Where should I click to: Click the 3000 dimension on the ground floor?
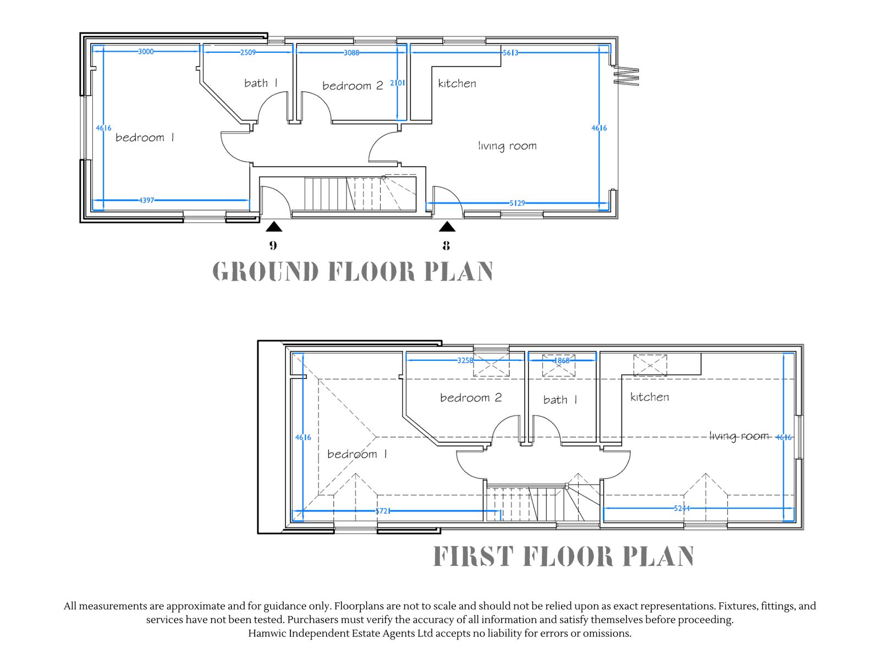point(146,51)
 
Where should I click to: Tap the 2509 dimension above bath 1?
point(248,52)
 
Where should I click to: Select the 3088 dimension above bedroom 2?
point(351,52)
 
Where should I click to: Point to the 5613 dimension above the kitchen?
point(510,52)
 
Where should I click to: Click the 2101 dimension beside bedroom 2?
point(397,83)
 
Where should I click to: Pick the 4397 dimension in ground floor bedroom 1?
point(146,200)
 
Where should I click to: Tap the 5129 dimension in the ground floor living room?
point(517,203)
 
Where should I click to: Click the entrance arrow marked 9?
point(274,227)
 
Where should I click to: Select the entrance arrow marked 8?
point(447,227)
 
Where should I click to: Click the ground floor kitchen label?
point(457,84)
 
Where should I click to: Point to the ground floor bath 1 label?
point(261,83)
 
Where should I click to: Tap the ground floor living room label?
point(507,145)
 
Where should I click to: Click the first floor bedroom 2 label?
point(471,397)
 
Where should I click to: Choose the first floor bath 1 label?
point(560,399)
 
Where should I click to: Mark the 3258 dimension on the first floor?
point(465,360)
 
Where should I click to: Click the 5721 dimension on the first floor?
point(382,511)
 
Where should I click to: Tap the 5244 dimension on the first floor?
point(681,508)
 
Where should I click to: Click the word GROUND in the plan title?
point(266,271)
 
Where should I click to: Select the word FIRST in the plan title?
point(473,556)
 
